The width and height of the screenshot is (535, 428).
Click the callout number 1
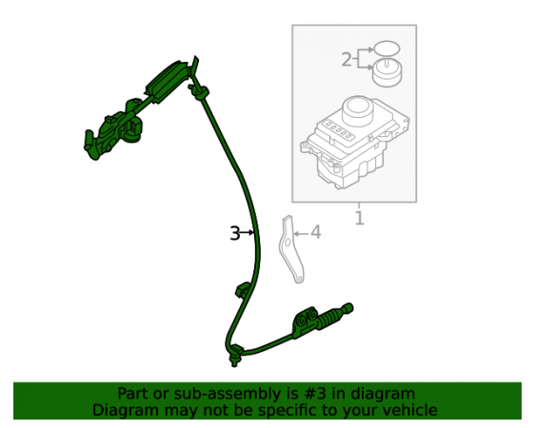[x=359, y=218]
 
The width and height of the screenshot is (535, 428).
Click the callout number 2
[x=347, y=60]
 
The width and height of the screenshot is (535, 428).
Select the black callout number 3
[x=235, y=233]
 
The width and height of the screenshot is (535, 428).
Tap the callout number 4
[x=316, y=232]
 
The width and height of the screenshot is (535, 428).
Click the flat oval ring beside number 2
[x=386, y=49]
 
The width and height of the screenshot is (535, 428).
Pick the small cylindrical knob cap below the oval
[x=386, y=72]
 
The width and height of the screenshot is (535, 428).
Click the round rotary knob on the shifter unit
[x=357, y=111]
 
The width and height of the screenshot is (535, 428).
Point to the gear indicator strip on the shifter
[x=338, y=130]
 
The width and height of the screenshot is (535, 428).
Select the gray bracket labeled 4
[x=290, y=249]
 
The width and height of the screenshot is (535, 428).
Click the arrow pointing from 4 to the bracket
[x=301, y=233]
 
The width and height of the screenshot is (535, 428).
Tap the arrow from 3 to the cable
[x=247, y=233]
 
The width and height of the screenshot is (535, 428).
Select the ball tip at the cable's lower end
[x=348, y=308]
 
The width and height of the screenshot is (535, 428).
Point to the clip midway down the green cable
[x=243, y=291]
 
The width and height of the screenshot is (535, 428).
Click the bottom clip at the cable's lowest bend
[x=235, y=355]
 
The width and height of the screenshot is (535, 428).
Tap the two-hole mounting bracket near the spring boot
[x=305, y=322]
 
